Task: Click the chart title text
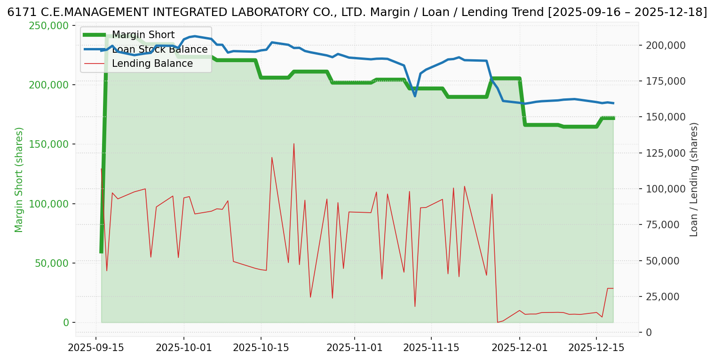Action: pos(357,12)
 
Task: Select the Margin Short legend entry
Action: pos(143,35)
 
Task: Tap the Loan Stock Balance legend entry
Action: pos(159,49)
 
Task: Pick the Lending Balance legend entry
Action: pos(152,64)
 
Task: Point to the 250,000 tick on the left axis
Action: pos(48,25)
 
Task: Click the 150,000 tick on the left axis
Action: pos(48,144)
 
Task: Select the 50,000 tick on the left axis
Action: pos(51,263)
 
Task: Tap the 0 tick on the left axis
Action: pos(66,323)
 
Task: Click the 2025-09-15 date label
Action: pos(96,348)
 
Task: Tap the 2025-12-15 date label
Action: pos(596,348)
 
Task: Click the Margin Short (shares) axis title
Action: pos(19,179)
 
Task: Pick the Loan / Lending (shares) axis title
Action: pos(694,179)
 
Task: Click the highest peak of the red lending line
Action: pos(294,144)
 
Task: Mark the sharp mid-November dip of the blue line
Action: pos(415,96)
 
